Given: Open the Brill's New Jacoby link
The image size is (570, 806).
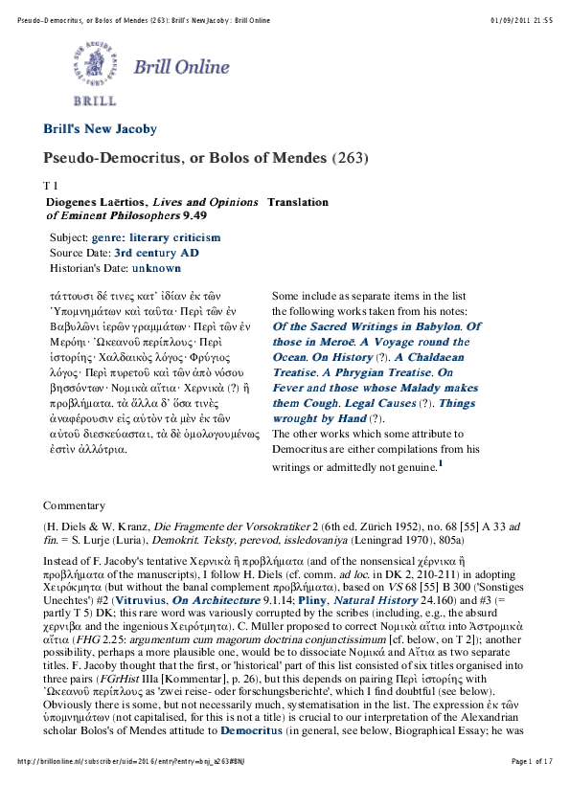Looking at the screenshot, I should tap(100, 129).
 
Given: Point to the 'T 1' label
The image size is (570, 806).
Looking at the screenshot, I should tap(52, 184).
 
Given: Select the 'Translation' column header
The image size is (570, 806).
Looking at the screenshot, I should tap(298, 202).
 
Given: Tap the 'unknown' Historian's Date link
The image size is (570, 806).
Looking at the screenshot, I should tap(157, 268).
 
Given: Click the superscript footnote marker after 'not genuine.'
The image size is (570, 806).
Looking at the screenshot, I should tap(441, 464).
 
